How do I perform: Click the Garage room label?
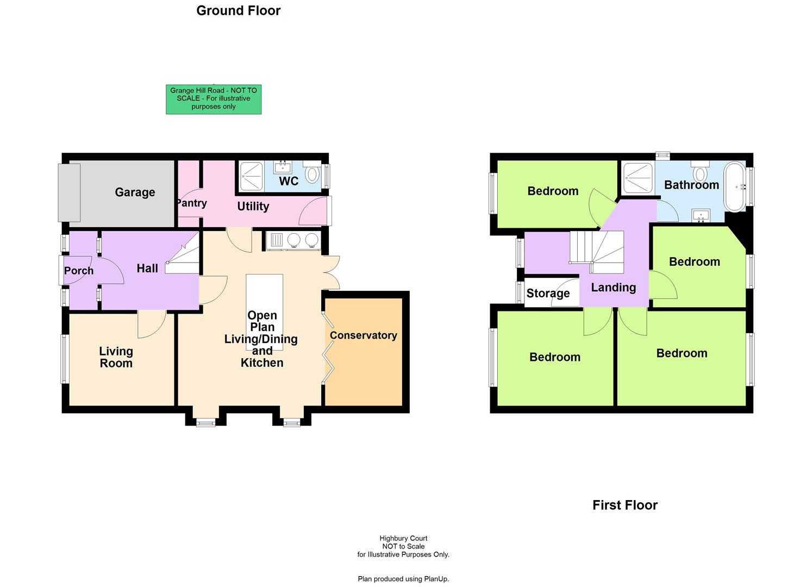click(135, 192)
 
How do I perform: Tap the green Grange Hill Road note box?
click(214, 99)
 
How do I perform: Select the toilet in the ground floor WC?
click(312, 173)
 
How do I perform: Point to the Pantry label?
click(191, 203)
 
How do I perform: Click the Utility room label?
click(253, 207)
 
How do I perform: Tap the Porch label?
click(79, 271)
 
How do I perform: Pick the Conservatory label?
click(363, 335)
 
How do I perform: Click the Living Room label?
click(116, 358)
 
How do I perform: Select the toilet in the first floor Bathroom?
click(700, 172)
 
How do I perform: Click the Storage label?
click(548, 293)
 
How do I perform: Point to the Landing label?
click(613, 288)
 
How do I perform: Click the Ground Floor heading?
click(239, 11)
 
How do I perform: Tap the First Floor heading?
click(625, 505)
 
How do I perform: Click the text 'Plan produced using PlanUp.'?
click(403, 579)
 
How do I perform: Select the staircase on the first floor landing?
click(597, 252)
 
